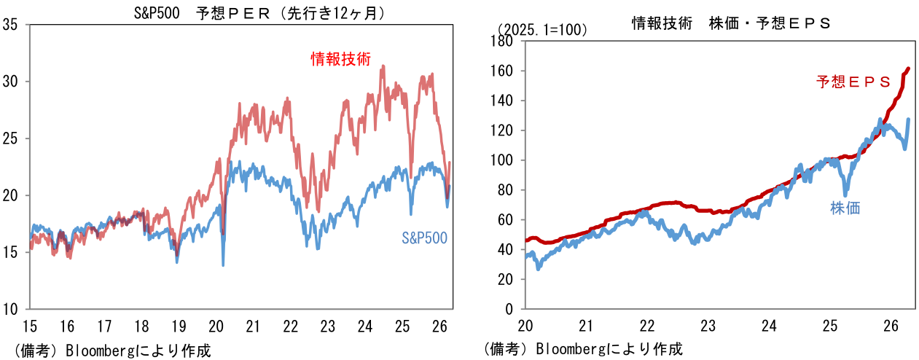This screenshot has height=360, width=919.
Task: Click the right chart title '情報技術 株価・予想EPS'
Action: point(731,23)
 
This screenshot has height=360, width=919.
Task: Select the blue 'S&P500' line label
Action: point(424,238)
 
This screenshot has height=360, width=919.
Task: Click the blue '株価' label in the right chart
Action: point(845,208)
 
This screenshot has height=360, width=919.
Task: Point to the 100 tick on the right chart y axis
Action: point(504,160)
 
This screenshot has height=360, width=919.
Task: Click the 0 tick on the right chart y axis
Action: point(510,309)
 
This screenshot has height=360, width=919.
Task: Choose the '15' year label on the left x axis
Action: point(29,325)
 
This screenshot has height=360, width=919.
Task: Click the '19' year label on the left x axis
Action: point(179,325)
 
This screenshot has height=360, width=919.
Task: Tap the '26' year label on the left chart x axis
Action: point(439,325)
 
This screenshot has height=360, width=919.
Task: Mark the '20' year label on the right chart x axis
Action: point(525,325)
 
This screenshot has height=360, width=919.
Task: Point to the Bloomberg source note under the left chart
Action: point(112,351)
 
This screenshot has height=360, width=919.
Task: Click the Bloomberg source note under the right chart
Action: point(584,350)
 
